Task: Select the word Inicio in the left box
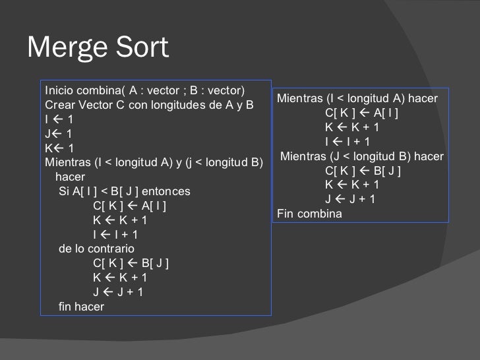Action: coord(59,90)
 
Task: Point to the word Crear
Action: coord(58,105)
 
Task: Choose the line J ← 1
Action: coord(59,134)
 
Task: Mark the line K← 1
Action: coord(59,148)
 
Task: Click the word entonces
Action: coord(166,192)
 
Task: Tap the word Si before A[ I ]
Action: coord(65,192)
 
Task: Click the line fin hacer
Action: coord(82,307)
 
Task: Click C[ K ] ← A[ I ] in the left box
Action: coord(130,206)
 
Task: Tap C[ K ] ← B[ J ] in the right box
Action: coord(363,171)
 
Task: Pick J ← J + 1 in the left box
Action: coord(118,293)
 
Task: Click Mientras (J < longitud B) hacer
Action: coord(362,156)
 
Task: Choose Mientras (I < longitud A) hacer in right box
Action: coord(362,99)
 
